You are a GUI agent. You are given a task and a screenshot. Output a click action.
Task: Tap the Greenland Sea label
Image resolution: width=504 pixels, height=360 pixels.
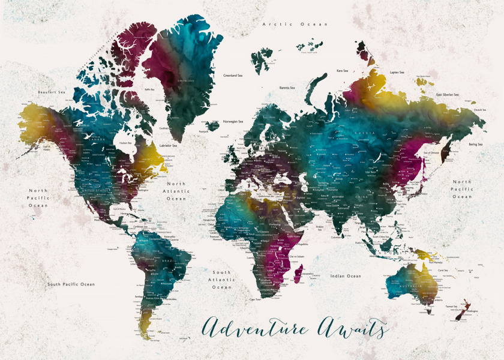233,76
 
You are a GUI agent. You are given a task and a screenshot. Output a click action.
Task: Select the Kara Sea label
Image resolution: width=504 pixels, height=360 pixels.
343,70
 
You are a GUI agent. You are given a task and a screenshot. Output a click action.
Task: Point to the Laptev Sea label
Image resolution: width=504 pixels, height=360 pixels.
397,73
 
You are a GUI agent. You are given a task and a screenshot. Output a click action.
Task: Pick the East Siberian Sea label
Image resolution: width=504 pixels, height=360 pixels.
447,94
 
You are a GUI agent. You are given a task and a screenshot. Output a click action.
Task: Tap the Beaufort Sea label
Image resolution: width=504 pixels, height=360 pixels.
51,92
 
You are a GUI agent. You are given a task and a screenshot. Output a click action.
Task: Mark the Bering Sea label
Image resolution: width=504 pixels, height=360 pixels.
475,144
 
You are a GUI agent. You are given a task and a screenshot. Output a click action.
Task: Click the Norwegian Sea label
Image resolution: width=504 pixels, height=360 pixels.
233,122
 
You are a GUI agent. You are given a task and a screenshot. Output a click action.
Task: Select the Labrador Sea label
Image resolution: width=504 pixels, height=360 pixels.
168,145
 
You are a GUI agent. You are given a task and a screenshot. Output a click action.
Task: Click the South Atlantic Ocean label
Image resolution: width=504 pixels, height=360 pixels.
221,280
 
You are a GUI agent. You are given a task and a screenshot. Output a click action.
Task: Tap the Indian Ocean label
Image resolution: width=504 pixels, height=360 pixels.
346,276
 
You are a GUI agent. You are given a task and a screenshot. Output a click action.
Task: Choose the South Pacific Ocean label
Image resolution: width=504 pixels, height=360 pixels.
71,284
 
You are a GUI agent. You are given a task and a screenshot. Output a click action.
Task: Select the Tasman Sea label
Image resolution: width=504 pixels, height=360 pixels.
451,307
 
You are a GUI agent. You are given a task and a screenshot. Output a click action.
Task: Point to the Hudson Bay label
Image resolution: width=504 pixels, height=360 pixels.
125,143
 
